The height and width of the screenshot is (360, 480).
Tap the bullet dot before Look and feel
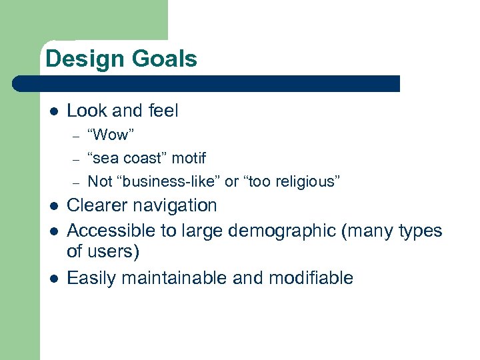(x=53, y=111)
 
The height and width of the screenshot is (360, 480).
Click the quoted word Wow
(x=111, y=135)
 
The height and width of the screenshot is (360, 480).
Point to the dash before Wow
(x=77, y=136)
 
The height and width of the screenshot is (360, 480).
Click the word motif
(x=189, y=158)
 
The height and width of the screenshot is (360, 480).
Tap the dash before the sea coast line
(x=77, y=159)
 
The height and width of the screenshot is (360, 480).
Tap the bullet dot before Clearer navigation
(x=53, y=207)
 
